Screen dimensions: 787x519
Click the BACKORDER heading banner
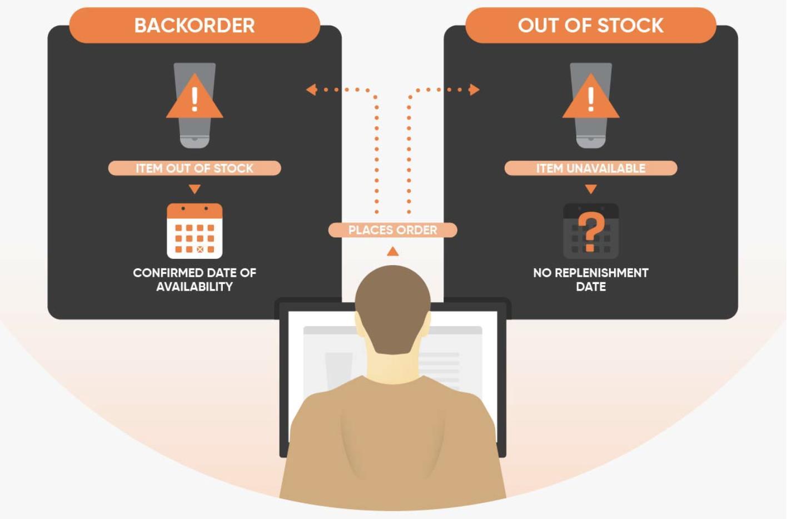coord(195,26)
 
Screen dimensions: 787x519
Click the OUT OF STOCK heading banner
coord(590,26)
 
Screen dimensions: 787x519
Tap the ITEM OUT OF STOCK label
coord(195,168)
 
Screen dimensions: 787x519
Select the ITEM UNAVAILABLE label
coord(590,168)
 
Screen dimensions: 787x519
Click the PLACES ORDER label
coord(392,230)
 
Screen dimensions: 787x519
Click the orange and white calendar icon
coord(195,231)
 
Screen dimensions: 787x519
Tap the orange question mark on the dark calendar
coord(591,231)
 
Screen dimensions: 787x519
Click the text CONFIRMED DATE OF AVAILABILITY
coord(195,280)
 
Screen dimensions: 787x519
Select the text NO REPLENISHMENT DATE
coord(591,280)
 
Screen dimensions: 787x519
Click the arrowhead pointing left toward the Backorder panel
coord(311,89)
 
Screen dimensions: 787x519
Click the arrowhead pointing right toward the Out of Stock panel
coord(474,89)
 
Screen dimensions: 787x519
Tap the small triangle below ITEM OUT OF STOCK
coord(195,189)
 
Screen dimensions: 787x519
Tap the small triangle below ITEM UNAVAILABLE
coord(591,189)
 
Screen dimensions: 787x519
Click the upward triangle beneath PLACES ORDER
coord(393,252)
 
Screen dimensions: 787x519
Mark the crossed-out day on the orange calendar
coord(200,249)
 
